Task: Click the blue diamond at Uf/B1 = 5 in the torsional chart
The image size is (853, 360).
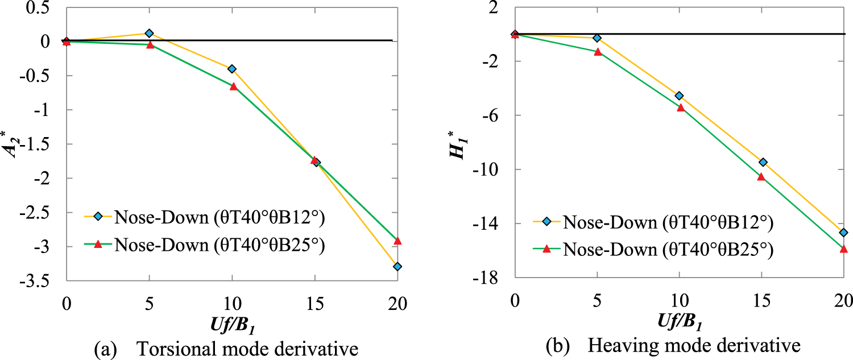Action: (x=149, y=34)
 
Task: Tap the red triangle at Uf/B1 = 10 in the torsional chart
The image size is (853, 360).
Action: (x=233, y=86)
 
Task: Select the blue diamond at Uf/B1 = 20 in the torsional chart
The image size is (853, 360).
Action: (x=397, y=266)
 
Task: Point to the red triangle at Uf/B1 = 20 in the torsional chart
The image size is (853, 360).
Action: (x=397, y=241)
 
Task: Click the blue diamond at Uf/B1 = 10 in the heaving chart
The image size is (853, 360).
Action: (x=679, y=96)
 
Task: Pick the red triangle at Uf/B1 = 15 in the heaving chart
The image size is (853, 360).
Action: (x=761, y=176)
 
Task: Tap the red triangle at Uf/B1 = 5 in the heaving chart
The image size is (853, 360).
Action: (x=598, y=52)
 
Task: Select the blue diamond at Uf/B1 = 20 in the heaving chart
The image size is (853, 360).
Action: (x=843, y=233)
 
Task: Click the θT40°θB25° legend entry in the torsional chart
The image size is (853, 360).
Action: (x=219, y=244)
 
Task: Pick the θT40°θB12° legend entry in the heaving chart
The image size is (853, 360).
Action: (x=667, y=223)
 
